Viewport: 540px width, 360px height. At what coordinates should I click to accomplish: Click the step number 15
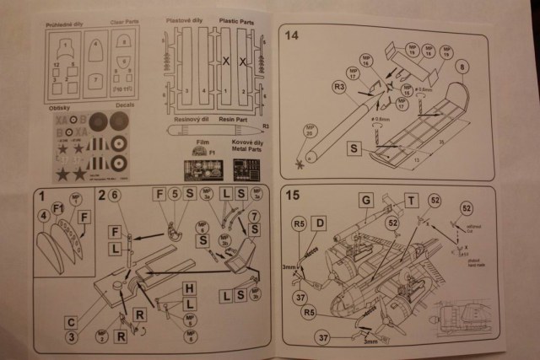[293, 196]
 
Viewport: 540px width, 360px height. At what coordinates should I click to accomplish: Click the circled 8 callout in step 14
[462, 65]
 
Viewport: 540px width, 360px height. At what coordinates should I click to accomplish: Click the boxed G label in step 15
[366, 200]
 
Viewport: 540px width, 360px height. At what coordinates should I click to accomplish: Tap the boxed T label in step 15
[410, 200]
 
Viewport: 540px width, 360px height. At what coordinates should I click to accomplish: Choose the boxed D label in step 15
[320, 223]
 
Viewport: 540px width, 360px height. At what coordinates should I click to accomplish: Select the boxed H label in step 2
[191, 288]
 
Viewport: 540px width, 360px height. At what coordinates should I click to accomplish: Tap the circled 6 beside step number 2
[115, 196]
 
